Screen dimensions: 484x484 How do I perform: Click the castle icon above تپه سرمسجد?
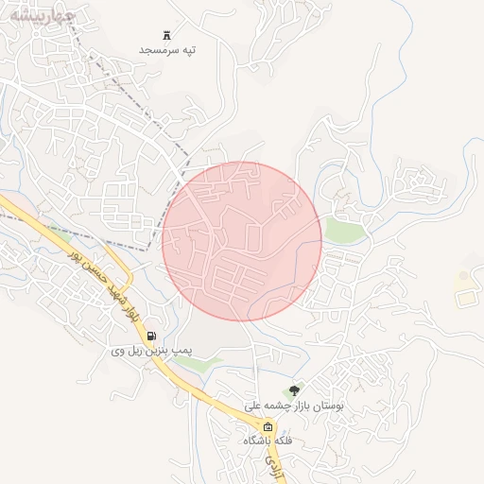[167, 34]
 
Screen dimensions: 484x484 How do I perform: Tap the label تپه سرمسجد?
[167, 48]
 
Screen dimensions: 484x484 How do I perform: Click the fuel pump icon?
[152, 337]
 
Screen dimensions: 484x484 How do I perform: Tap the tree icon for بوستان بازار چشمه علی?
[295, 390]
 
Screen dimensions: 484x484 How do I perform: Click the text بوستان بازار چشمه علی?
[295, 405]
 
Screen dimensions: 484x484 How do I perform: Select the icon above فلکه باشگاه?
[268, 427]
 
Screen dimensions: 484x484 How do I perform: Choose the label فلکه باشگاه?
[268, 441]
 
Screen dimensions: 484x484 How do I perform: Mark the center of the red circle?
[242, 241]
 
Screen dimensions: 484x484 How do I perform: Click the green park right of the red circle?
[344, 230]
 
